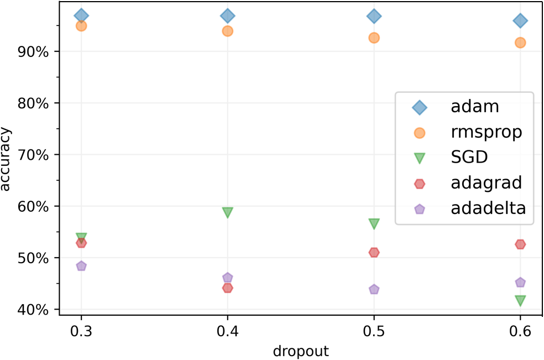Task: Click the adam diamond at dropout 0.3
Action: pos(81,15)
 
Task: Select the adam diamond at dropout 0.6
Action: pos(520,21)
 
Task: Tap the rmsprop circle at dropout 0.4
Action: pos(227,31)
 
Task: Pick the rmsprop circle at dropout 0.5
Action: pos(374,38)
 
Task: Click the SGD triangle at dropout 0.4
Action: pos(227,212)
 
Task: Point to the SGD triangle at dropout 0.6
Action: pos(520,300)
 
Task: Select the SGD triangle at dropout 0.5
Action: pos(374,223)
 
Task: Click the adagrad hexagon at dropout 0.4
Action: pos(227,288)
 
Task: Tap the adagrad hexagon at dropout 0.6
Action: pos(520,244)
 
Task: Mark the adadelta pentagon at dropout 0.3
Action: pos(81,266)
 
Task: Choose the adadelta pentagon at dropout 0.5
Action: pos(374,289)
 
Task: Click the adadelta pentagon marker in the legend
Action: pos(420,209)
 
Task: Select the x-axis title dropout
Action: pos(301,351)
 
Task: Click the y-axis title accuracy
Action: pos(8,159)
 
